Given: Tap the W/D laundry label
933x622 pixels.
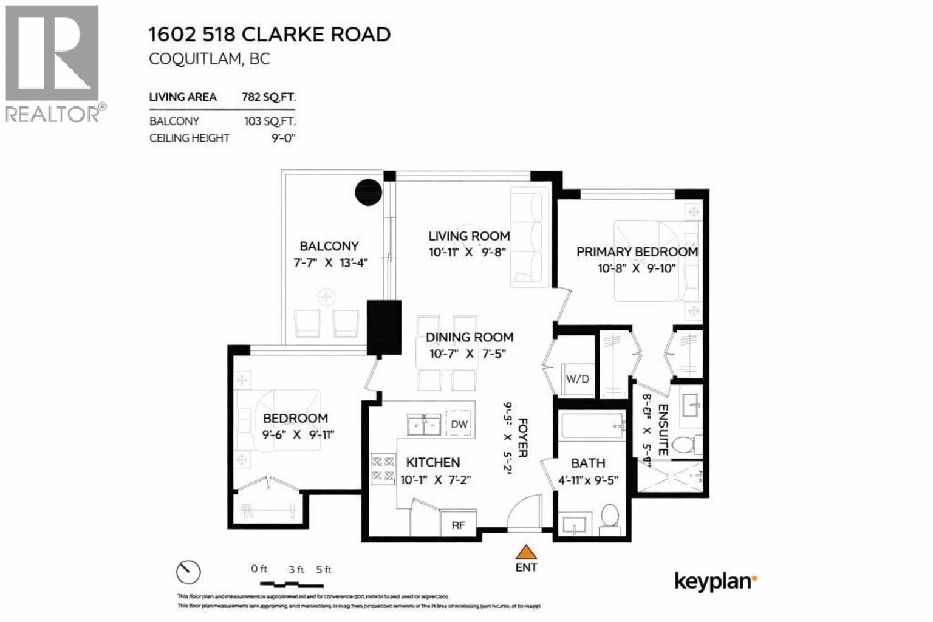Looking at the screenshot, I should point(577,379).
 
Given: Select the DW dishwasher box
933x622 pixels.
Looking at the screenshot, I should point(459,424).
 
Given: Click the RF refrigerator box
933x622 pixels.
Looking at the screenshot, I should point(458,525).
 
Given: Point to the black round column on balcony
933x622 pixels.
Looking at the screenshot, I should point(368,193).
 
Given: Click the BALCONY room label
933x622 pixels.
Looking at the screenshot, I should point(329,246).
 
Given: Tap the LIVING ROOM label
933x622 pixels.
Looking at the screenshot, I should point(469,236).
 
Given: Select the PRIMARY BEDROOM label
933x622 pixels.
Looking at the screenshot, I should point(637,251).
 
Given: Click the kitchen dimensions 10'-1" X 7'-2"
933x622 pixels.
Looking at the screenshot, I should point(436,480).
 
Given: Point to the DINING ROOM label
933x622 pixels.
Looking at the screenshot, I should point(469,337).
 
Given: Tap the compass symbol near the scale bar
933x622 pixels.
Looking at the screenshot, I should point(188,572).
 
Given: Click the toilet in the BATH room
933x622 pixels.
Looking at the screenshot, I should point(609,518).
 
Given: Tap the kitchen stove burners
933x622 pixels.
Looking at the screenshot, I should point(383,468).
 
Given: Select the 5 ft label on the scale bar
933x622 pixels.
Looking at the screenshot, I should point(324,570).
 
